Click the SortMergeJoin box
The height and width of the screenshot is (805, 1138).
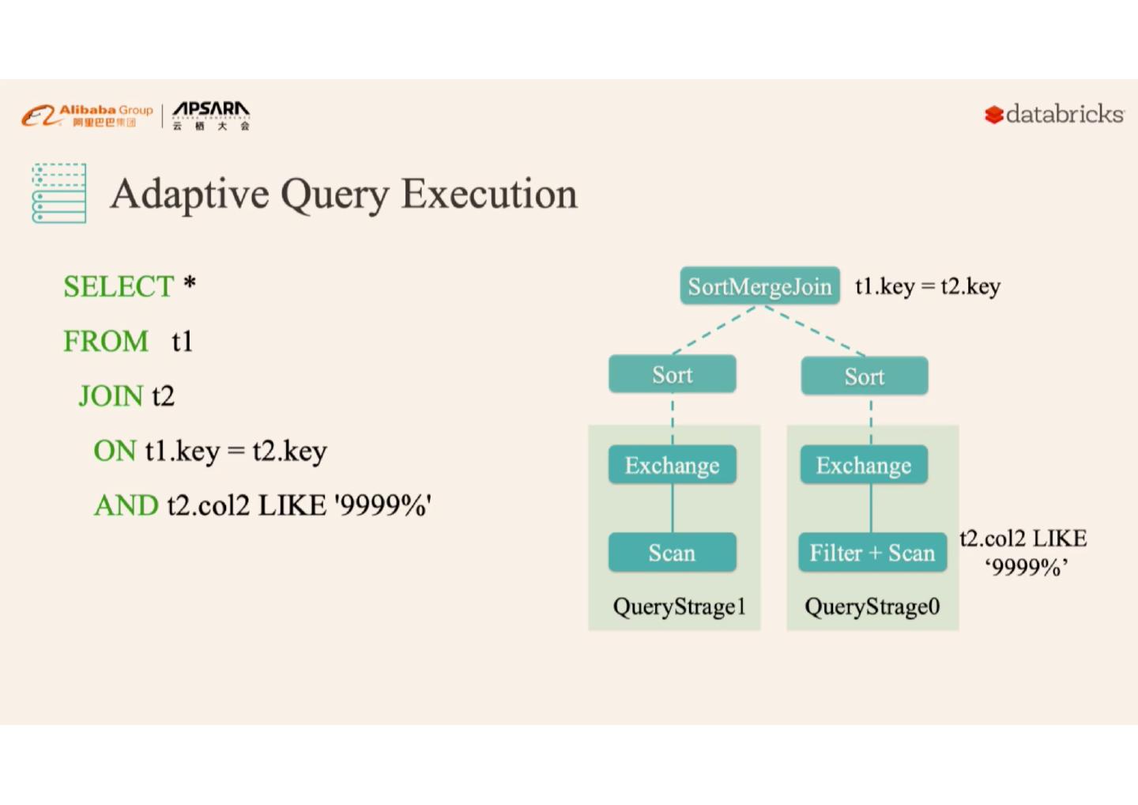(759, 286)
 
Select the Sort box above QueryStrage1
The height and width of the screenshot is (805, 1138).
(672, 374)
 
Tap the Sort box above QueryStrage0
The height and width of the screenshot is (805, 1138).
(864, 376)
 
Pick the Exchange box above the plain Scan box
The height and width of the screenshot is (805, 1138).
(672, 465)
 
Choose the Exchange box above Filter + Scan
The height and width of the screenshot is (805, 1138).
(863, 465)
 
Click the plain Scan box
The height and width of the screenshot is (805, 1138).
(672, 552)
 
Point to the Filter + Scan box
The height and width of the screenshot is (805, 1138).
(872, 552)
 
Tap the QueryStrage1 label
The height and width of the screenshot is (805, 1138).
(679, 607)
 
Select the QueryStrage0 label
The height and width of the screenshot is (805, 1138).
(872, 607)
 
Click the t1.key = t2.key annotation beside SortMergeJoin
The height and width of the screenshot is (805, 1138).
(927, 286)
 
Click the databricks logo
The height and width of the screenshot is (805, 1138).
(1054, 115)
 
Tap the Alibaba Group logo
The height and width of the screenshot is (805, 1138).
(87, 115)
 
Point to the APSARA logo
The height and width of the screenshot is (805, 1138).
(211, 115)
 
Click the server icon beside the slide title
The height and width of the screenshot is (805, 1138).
(59, 194)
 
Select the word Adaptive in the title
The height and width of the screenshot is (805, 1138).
(190, 194)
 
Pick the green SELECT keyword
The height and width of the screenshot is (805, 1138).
(118, 286)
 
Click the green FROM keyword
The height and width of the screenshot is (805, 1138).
(106, 342)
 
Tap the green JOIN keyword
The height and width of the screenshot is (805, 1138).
(111, 396)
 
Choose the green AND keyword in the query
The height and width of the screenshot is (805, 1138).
(126, 505)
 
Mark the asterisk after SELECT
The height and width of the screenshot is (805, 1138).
(190, 282)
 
